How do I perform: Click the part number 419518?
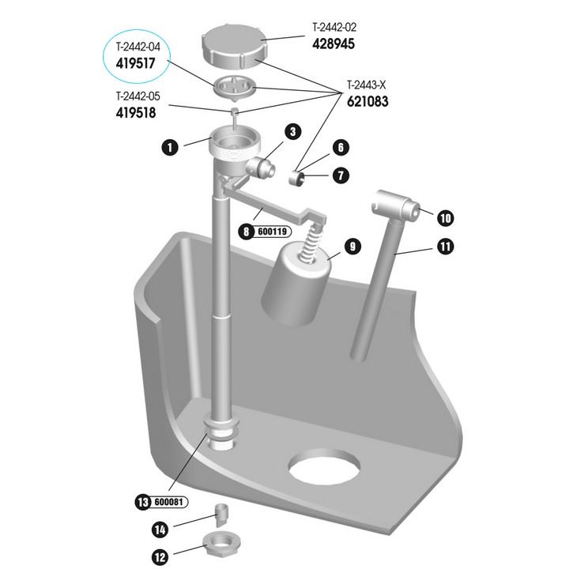(x=137, y=112)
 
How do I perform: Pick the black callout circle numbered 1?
(x=168, y=147)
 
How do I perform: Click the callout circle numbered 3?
(x=292, y=131)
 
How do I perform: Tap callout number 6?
(x=341, y=148)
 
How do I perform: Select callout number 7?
(x=341, y=175)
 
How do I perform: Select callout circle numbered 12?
(x=160, y=556)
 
